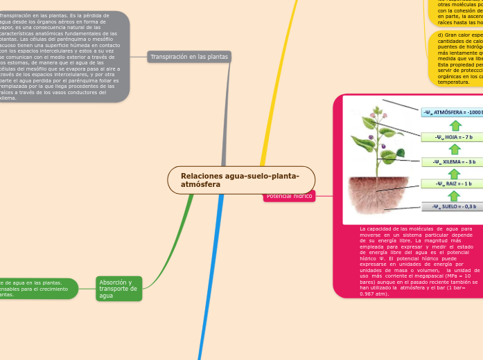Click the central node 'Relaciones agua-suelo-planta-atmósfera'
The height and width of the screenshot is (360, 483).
click(240, 180)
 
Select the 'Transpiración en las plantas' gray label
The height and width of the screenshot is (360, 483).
click(188, 57)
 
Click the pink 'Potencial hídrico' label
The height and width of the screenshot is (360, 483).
click(289, 196)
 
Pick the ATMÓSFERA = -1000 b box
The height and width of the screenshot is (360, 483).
click(451, 112)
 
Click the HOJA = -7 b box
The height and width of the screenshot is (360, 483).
click(455, 137)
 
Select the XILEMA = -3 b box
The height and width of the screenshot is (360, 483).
click(455, 162)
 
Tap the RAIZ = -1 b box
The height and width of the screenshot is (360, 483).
click(455, 184)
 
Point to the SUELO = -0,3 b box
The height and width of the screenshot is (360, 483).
click(455, 206)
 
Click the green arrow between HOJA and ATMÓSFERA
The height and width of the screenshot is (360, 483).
click(455, 125)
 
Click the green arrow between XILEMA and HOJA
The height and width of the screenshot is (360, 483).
click(455, 150)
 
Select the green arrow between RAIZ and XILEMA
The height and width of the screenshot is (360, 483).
click(455, 173)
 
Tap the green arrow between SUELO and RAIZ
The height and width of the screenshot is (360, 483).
click(455, 195)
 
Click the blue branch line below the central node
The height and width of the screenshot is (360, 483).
click(211, 277)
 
